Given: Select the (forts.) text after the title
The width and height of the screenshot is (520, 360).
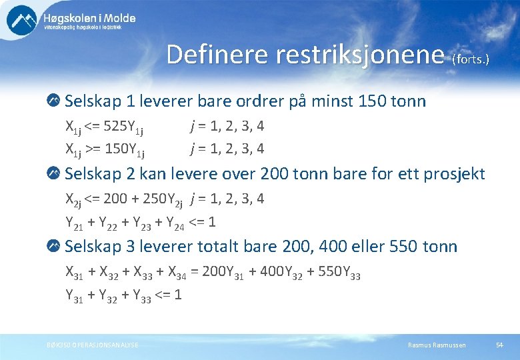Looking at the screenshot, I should (471, 59).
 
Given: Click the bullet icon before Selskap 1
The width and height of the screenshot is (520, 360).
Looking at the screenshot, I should (53, 101).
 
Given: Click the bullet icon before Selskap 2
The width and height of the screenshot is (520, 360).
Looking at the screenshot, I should (53, 175).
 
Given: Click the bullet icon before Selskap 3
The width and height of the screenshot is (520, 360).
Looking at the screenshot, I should (53, 247).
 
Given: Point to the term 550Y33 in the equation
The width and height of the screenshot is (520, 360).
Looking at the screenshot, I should (341, 272).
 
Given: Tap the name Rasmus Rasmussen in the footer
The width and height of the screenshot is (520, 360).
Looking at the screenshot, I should (437, 345).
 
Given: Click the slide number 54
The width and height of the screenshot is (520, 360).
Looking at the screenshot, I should (499, 345).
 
